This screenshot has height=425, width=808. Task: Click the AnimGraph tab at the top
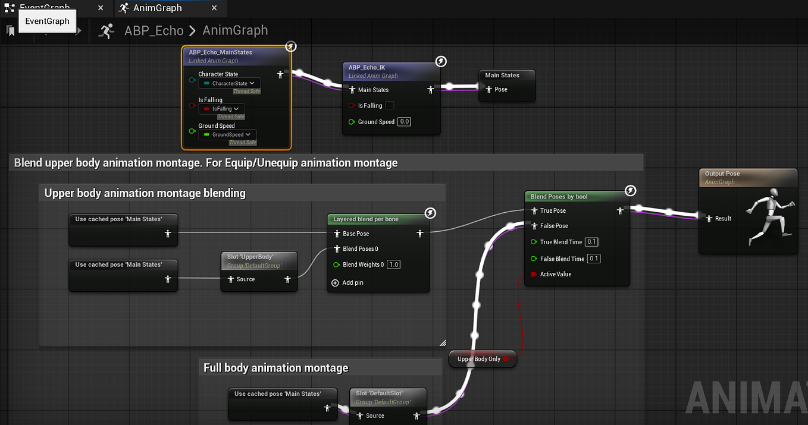(x=157, y=8)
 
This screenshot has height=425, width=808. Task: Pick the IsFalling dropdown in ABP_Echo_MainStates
(x=222, y=109)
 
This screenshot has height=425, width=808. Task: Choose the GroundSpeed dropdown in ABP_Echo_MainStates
(x=228, y=135)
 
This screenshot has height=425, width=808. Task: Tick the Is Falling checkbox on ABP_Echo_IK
(x=390, y=105)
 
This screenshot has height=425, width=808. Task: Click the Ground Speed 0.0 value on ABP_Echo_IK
(x=405, y=122)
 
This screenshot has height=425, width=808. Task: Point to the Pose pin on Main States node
(x=488, y=89)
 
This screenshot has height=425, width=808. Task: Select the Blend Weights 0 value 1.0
(x=394, y=265)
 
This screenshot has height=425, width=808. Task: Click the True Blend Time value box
(x=591, y=242)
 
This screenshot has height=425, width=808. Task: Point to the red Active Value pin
(x=534, y=275)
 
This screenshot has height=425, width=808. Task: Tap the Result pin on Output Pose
(x=709, y=219)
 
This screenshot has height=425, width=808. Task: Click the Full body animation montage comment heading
(x=275, y=368)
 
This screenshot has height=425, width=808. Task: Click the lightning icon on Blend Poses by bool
(x=631, y=191)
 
